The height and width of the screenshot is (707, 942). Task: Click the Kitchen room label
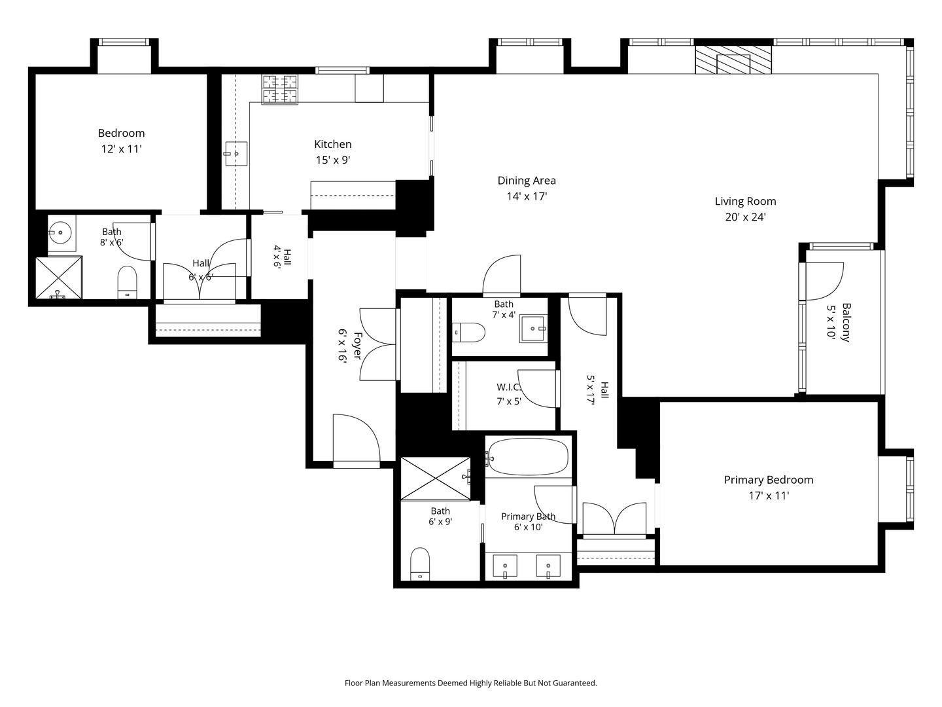click(x=332, y=144)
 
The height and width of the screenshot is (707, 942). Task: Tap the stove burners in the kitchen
click(x=280, y=89)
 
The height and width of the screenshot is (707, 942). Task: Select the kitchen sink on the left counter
click(x=236, y=154)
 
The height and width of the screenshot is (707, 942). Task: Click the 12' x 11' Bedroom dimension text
click(x=122, y=149)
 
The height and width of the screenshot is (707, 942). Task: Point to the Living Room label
click(x=745, y=202)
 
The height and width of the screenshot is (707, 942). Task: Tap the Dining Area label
click(x=527, y=181)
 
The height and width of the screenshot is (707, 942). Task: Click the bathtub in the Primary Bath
click(x=529, y=457)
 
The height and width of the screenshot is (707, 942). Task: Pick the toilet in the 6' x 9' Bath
click(x=420, y=564)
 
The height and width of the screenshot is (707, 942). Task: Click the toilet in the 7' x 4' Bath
click(x=468, y=333)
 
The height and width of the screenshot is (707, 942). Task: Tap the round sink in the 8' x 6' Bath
click(x=60, y=232)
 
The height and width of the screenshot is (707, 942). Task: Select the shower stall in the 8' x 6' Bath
click(x=58, y=278)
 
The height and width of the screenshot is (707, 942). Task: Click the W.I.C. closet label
click(x=509, y=387)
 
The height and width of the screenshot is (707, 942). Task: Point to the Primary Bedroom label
click(x=769, y=480)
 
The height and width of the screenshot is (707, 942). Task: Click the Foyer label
click(x=357, y=346)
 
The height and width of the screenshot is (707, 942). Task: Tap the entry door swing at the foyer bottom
click(x=357, y=441)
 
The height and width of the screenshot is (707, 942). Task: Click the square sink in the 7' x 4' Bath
click(x=533, y=329)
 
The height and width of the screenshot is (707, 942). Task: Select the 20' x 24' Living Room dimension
click(x=746, y=217)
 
